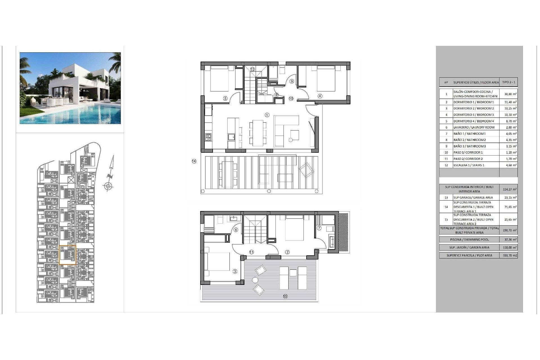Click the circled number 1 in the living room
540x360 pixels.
pos(267,115)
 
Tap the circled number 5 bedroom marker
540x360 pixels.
pos(225,98)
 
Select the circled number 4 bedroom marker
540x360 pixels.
pos(320,96)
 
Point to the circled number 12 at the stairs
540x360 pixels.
pos(252,69)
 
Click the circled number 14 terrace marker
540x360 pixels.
pos(194,161)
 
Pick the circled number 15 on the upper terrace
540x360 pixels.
pos(285,296)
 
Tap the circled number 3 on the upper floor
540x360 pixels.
pos(235,271)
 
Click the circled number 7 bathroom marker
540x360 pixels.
pos(319,228)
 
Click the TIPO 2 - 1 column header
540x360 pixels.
pos(508,82)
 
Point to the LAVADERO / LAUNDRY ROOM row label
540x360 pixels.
pos(474,127)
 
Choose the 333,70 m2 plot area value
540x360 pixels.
pos(510,255)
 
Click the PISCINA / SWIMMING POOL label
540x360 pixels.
pos(469,240)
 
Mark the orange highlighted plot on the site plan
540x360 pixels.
pos(67,255)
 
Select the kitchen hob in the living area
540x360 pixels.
pos(208,137)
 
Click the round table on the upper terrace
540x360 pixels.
pos(255,280)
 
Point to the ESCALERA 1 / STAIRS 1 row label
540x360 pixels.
pos(469,165)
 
